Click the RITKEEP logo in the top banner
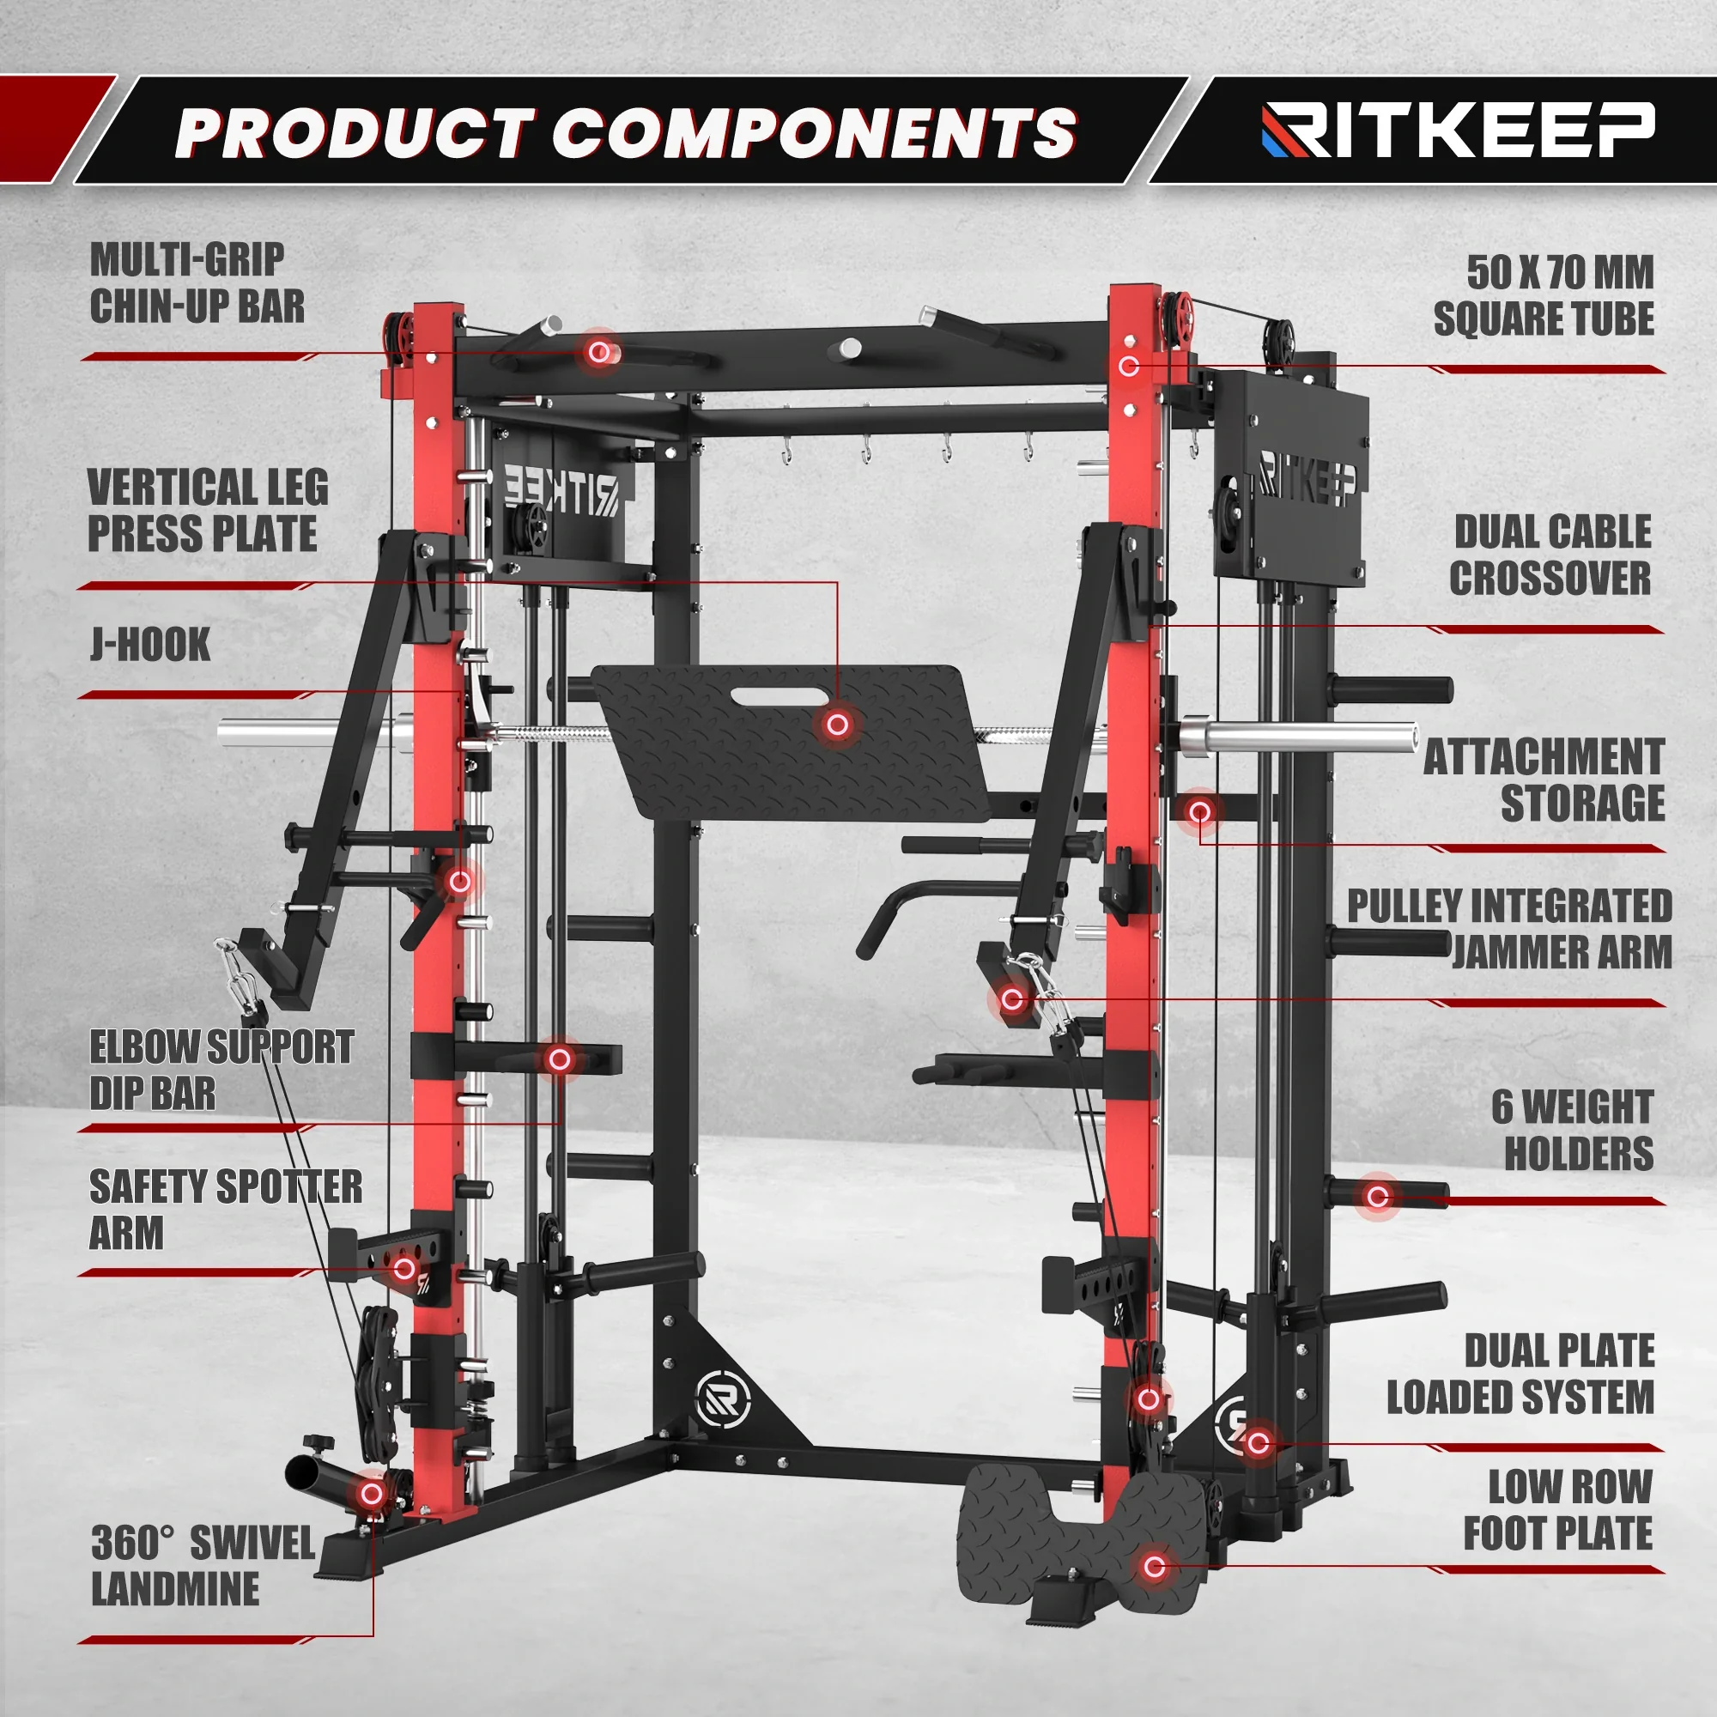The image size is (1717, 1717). pyautogui.click(x=1458, y=130)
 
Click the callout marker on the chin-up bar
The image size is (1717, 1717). pyautogui.click(x=600, y=353)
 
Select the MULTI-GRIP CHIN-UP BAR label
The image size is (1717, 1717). pyautogui.click(x=197, y=283)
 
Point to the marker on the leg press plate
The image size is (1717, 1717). pyautogui.click(x=837, y=725)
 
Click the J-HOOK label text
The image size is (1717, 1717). pyautogui.click(x=150, y=645)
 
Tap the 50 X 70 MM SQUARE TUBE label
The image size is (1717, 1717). pyautogui.click(x=1544, y=296)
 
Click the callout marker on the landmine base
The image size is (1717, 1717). pyautogui.click(x=372, y=1494)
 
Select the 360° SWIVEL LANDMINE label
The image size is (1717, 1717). pyautogui.click(x=203, y=1566)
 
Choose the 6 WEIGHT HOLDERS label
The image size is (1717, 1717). pyautogui.click(x=1573, y=1130)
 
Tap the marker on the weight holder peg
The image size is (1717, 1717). pyautogui.click(x=1378, y=1196)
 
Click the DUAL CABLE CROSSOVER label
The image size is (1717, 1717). pyautogui.click(x=1551, y=555)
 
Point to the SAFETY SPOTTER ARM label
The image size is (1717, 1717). pyautogui.click(x=226, y=1210)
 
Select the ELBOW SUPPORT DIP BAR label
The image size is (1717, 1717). pyautogui.click(x=221, y=1070)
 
